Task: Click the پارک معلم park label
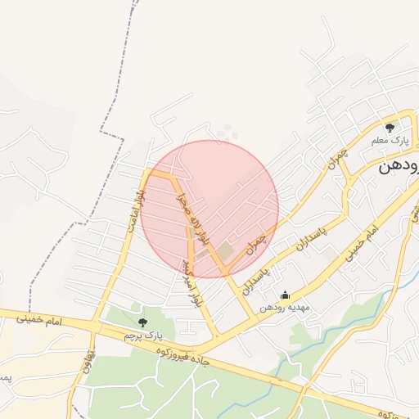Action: [x=389, y=141]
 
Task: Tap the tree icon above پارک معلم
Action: [x=390, y=128]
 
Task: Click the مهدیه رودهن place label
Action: [x=283, y=308]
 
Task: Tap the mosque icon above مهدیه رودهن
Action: [x=284, y=295]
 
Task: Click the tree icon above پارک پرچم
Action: [x=143, y=323]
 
